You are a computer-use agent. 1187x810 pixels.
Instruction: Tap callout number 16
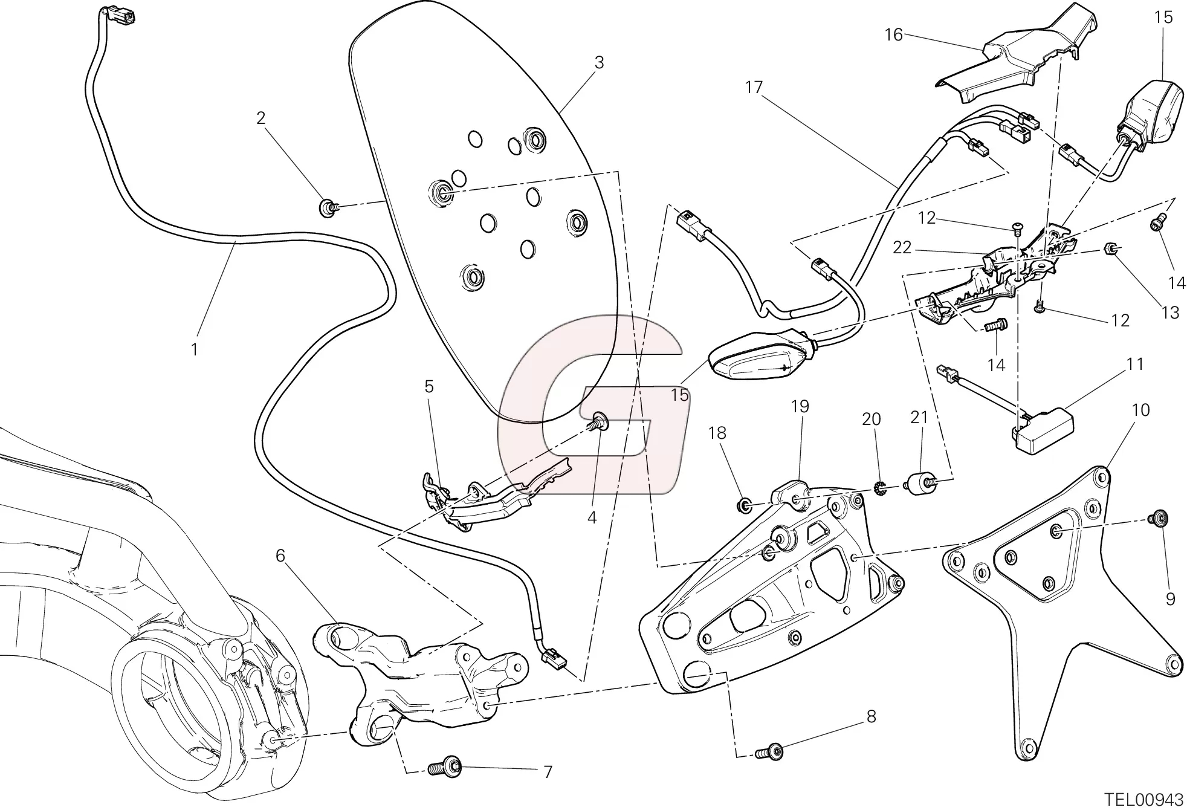[x=893, y=36]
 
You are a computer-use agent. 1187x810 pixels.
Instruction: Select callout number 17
[x=754, y=88]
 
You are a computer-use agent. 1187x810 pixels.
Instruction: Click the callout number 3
[x=598, y=63]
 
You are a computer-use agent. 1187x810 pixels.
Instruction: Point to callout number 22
[x=902, y=248]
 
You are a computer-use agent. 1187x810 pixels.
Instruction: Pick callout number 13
[x=1170, y=313]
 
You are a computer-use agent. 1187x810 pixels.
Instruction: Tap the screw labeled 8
[x=769, y=752]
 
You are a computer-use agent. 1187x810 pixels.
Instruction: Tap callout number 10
[x=1140, y=410]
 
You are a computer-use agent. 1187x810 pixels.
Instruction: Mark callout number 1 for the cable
[x=194, y=349]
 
